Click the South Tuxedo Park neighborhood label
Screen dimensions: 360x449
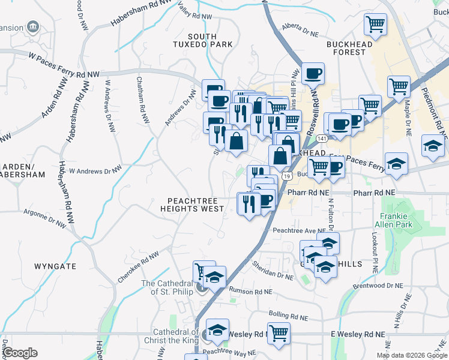(202, 40)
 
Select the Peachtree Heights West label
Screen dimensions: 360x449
(191, 204)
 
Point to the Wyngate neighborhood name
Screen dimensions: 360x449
(55, 265)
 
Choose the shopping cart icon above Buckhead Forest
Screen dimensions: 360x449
(375, 25)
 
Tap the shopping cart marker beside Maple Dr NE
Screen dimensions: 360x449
(399, 86)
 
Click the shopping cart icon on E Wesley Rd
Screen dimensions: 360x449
(279, 332)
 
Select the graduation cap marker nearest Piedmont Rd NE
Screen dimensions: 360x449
(433, 146)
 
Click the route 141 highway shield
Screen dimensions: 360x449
(306, 139)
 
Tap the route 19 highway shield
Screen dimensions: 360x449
(288, 176)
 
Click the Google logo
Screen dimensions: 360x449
(19, 353)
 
